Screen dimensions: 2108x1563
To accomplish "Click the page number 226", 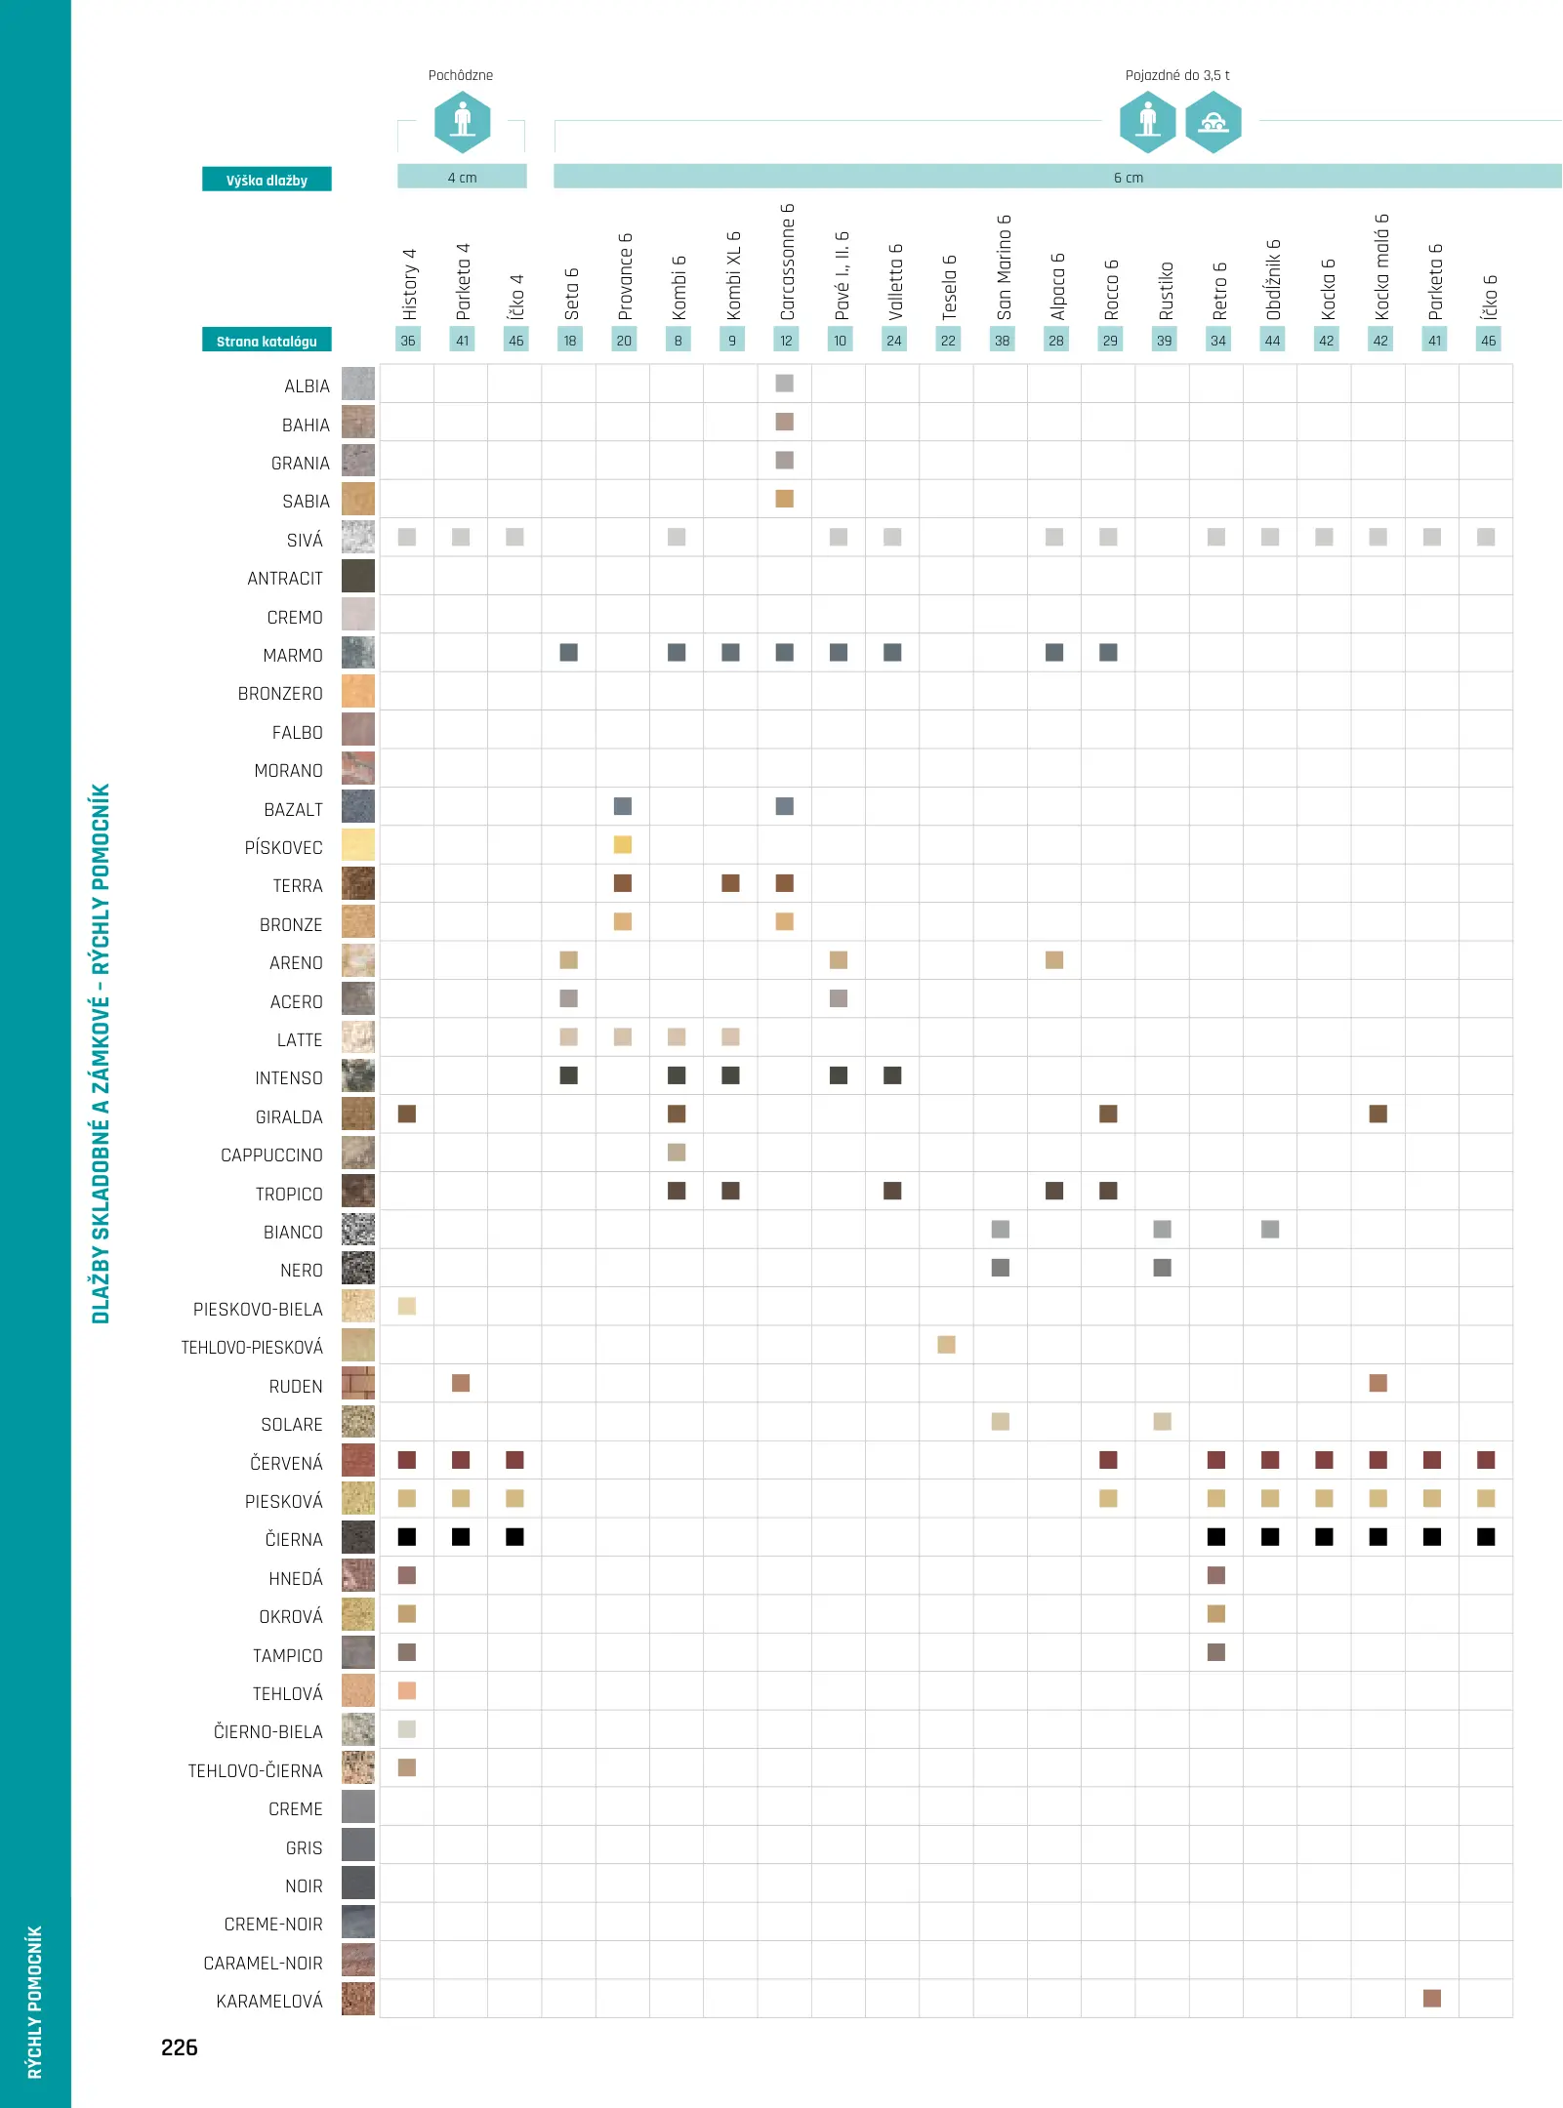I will [179, 2047].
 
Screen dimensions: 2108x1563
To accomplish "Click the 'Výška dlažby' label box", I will [267, 180].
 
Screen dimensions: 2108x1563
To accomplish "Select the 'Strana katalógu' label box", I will [267, 341].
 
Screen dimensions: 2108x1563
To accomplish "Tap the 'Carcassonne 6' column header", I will [787, 262].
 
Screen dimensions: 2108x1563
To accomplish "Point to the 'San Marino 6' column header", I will [1004, 266].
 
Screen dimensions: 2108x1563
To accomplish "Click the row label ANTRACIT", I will [284, 579].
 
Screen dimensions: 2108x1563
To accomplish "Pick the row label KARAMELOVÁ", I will [268, 2002].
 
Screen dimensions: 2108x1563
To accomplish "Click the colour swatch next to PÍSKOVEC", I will [358, 845].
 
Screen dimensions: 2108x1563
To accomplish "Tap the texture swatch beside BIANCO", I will [358, 1230].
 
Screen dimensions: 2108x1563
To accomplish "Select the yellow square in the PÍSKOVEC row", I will [623, 845].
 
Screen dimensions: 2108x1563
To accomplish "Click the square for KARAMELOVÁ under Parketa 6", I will [1432, 1999].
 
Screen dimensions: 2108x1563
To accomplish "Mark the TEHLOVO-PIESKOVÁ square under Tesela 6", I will [947, 1345].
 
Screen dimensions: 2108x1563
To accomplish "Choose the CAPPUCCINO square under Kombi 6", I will [677, 1153].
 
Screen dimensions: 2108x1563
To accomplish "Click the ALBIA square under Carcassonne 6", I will [785, 384].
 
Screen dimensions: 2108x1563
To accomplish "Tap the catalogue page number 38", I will [1002, 341].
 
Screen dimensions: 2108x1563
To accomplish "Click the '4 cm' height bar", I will [462, 177].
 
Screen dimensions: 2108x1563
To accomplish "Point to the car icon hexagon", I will [1213, 123].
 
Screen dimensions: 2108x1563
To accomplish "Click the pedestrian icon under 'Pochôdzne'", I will [462, 123].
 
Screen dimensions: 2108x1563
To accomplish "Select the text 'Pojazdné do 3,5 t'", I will [1176, 75].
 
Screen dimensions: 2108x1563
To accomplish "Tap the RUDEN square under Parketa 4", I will [461, 1383].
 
